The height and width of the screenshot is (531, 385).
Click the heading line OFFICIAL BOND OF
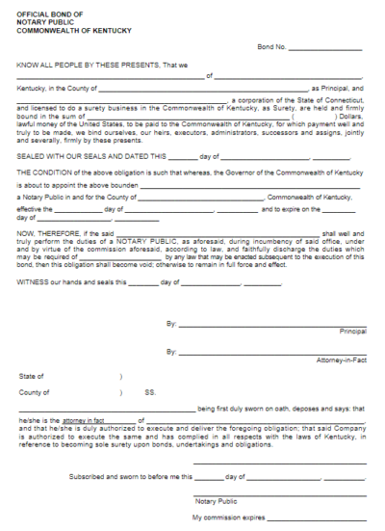[44, 11]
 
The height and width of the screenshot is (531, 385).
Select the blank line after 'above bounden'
[250, 185]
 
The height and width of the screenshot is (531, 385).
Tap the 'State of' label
[30, 376]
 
